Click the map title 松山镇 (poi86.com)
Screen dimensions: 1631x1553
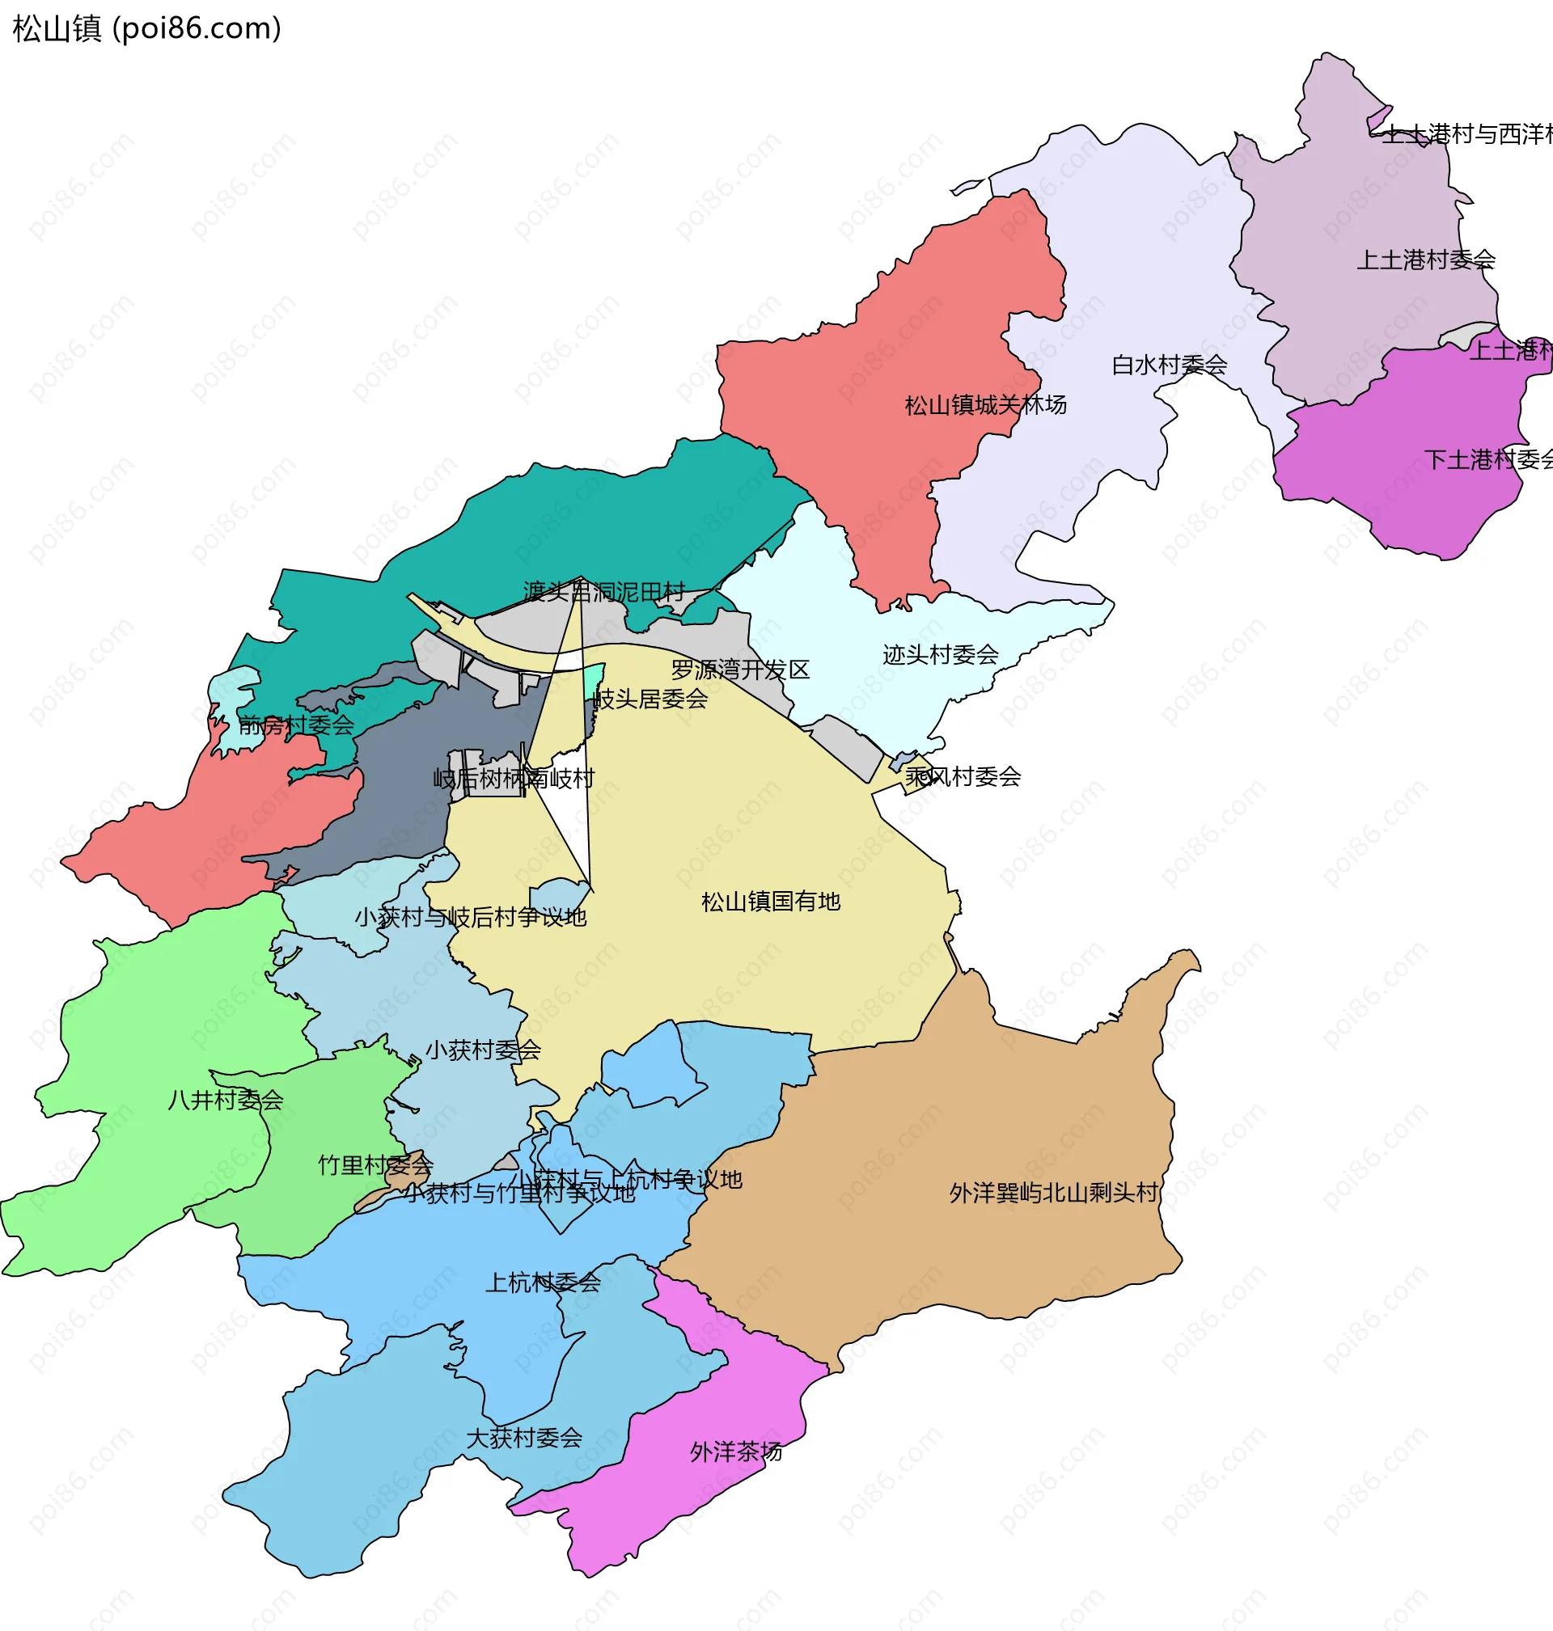147,29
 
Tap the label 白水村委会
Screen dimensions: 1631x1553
1169,365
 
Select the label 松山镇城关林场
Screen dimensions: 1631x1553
985,405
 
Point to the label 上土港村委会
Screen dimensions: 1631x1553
1425,260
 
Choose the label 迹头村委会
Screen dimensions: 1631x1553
941,655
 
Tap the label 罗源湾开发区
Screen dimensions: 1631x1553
740,670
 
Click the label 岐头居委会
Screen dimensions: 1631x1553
650,700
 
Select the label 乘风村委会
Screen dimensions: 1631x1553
963,777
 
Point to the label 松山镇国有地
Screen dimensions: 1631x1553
771,902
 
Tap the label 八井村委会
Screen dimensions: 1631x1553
225,1101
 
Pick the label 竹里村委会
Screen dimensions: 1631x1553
376,1166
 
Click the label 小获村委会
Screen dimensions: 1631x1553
483,1051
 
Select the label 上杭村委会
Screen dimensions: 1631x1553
542,1283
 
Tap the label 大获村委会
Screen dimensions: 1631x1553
524,1439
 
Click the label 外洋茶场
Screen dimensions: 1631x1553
736,1452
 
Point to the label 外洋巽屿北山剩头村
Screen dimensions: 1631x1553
1054,1194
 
